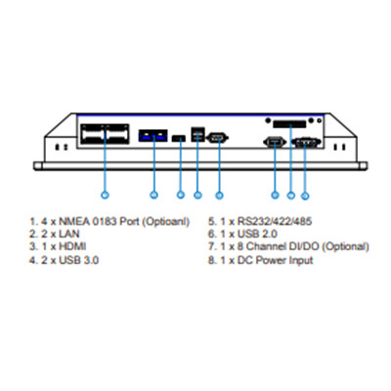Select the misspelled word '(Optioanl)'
pyautogui.click(x=166, y=222)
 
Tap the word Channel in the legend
pyautogui.click(x=266, y=246)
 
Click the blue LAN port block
pyautogui.click(x=153, y=136)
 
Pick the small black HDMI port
pyautogui.click(x=179, y=139)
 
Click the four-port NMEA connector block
pyautogui.click(x=105, y=134)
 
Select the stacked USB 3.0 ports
pyautogui.click(x=197, y=134)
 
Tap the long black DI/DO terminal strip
pyautogui.click(x=289, y=124)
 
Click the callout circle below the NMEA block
pyautogui.click(x=105, y=195)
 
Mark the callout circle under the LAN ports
pyautogui.click(x=153, y=195)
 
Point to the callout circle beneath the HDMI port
pyautogui.click(x=181, y=195)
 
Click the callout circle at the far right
pyautogui.click(x=305, y=195)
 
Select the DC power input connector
pyautogui.click(x=306, y=143)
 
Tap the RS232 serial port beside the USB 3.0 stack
pyautogui.click(x=218, y=138)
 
